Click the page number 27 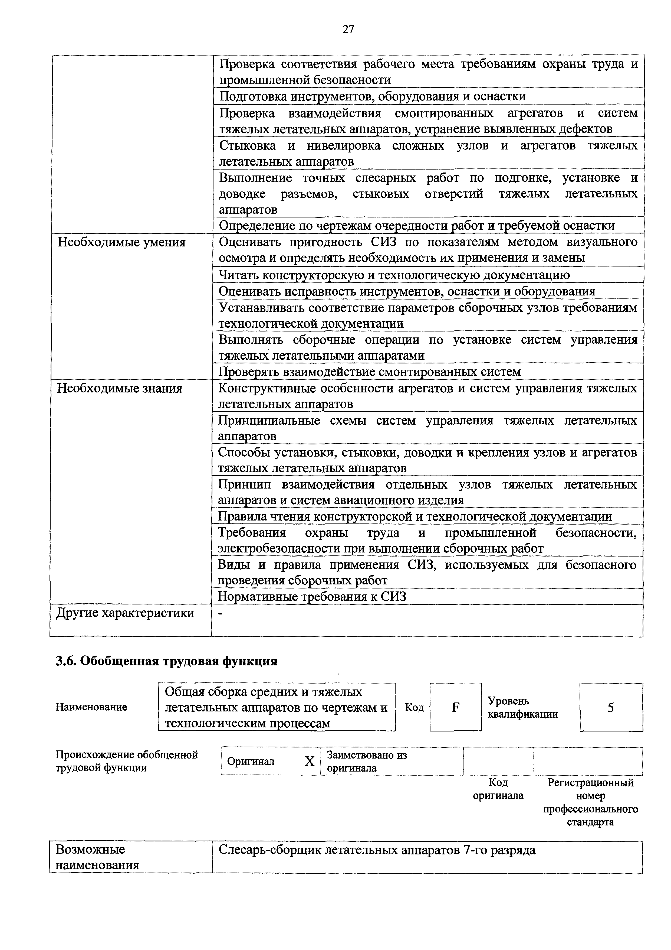348,29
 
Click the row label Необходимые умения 121,242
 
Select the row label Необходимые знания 120,389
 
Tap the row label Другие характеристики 125,613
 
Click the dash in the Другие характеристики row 220,614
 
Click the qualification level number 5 611,708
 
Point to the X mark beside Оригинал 310,761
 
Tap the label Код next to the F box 414,708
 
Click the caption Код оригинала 498,789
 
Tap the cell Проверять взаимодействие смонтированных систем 369,372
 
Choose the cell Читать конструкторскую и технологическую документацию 394,275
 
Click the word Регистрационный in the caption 590,783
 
